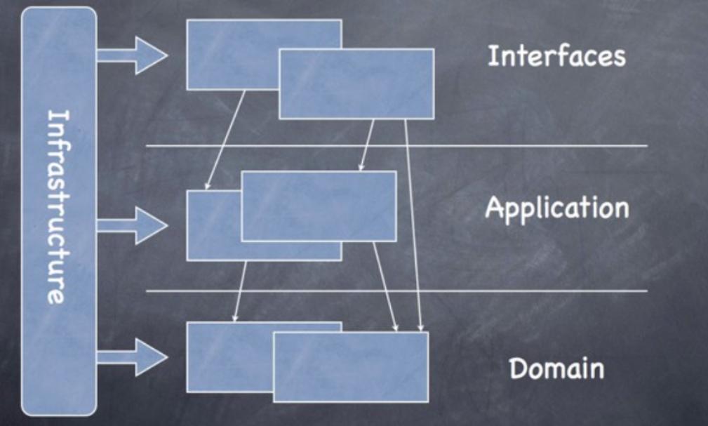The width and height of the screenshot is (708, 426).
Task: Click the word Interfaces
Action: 556,56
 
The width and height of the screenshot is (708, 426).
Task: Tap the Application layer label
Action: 556,208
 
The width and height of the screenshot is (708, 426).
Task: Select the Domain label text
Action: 556,368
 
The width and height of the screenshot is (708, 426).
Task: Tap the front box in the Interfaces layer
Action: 356,84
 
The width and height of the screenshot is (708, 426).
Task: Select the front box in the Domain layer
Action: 350,366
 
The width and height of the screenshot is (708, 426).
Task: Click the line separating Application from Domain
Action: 491,291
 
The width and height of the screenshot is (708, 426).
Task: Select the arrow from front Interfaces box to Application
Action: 367,145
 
